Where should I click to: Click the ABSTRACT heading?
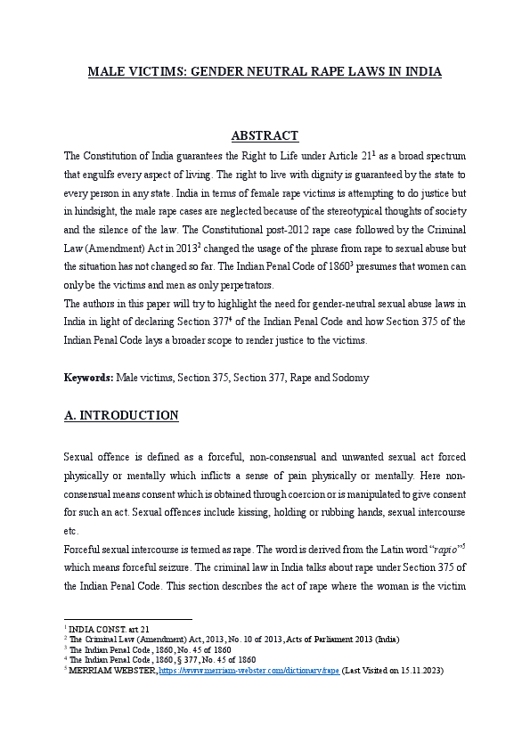coord(265,135)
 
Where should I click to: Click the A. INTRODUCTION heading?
coord(121,415)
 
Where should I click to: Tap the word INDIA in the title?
coord(421,70)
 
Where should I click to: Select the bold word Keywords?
coord(88,378)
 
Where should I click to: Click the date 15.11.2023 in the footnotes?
coord(416,671)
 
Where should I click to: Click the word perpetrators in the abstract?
coord(243,285)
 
